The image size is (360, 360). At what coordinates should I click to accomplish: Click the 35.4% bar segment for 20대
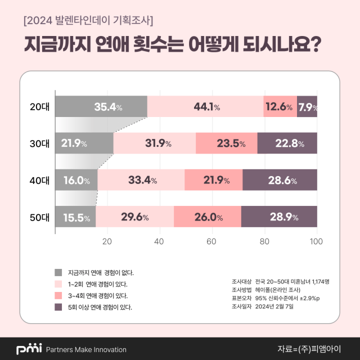coord(101,107)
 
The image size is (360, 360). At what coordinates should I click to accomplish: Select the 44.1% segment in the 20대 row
coord(205,107)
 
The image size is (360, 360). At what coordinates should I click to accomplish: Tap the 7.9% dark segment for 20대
coord(307,107)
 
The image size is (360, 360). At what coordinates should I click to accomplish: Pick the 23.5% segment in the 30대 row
coord(226,143)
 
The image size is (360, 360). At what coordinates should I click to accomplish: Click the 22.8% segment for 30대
coord(287,143)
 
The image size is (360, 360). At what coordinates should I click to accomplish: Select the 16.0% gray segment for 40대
coord(76,180)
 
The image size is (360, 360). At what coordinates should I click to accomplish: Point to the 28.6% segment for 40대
coord(280,180)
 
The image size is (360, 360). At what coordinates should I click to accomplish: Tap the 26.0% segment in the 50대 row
coord(208,217)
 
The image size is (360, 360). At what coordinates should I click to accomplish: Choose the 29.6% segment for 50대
coord(135,217)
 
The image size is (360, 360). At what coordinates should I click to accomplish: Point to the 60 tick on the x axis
coord(212,241)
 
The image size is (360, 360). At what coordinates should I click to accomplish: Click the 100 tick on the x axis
coord(316,241)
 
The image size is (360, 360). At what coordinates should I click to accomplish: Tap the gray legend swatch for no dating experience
coord(58,272)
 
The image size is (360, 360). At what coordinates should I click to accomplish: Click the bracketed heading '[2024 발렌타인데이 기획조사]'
coord(88,21)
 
